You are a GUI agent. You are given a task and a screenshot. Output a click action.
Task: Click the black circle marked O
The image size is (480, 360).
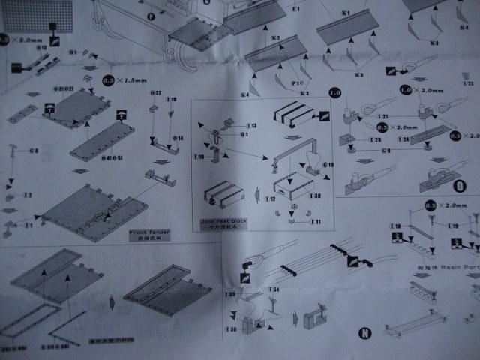pos(457,184)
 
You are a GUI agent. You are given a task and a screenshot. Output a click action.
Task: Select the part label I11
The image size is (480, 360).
pos(316,222)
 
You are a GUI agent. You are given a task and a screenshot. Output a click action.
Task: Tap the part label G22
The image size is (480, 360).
pos(156,93)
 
